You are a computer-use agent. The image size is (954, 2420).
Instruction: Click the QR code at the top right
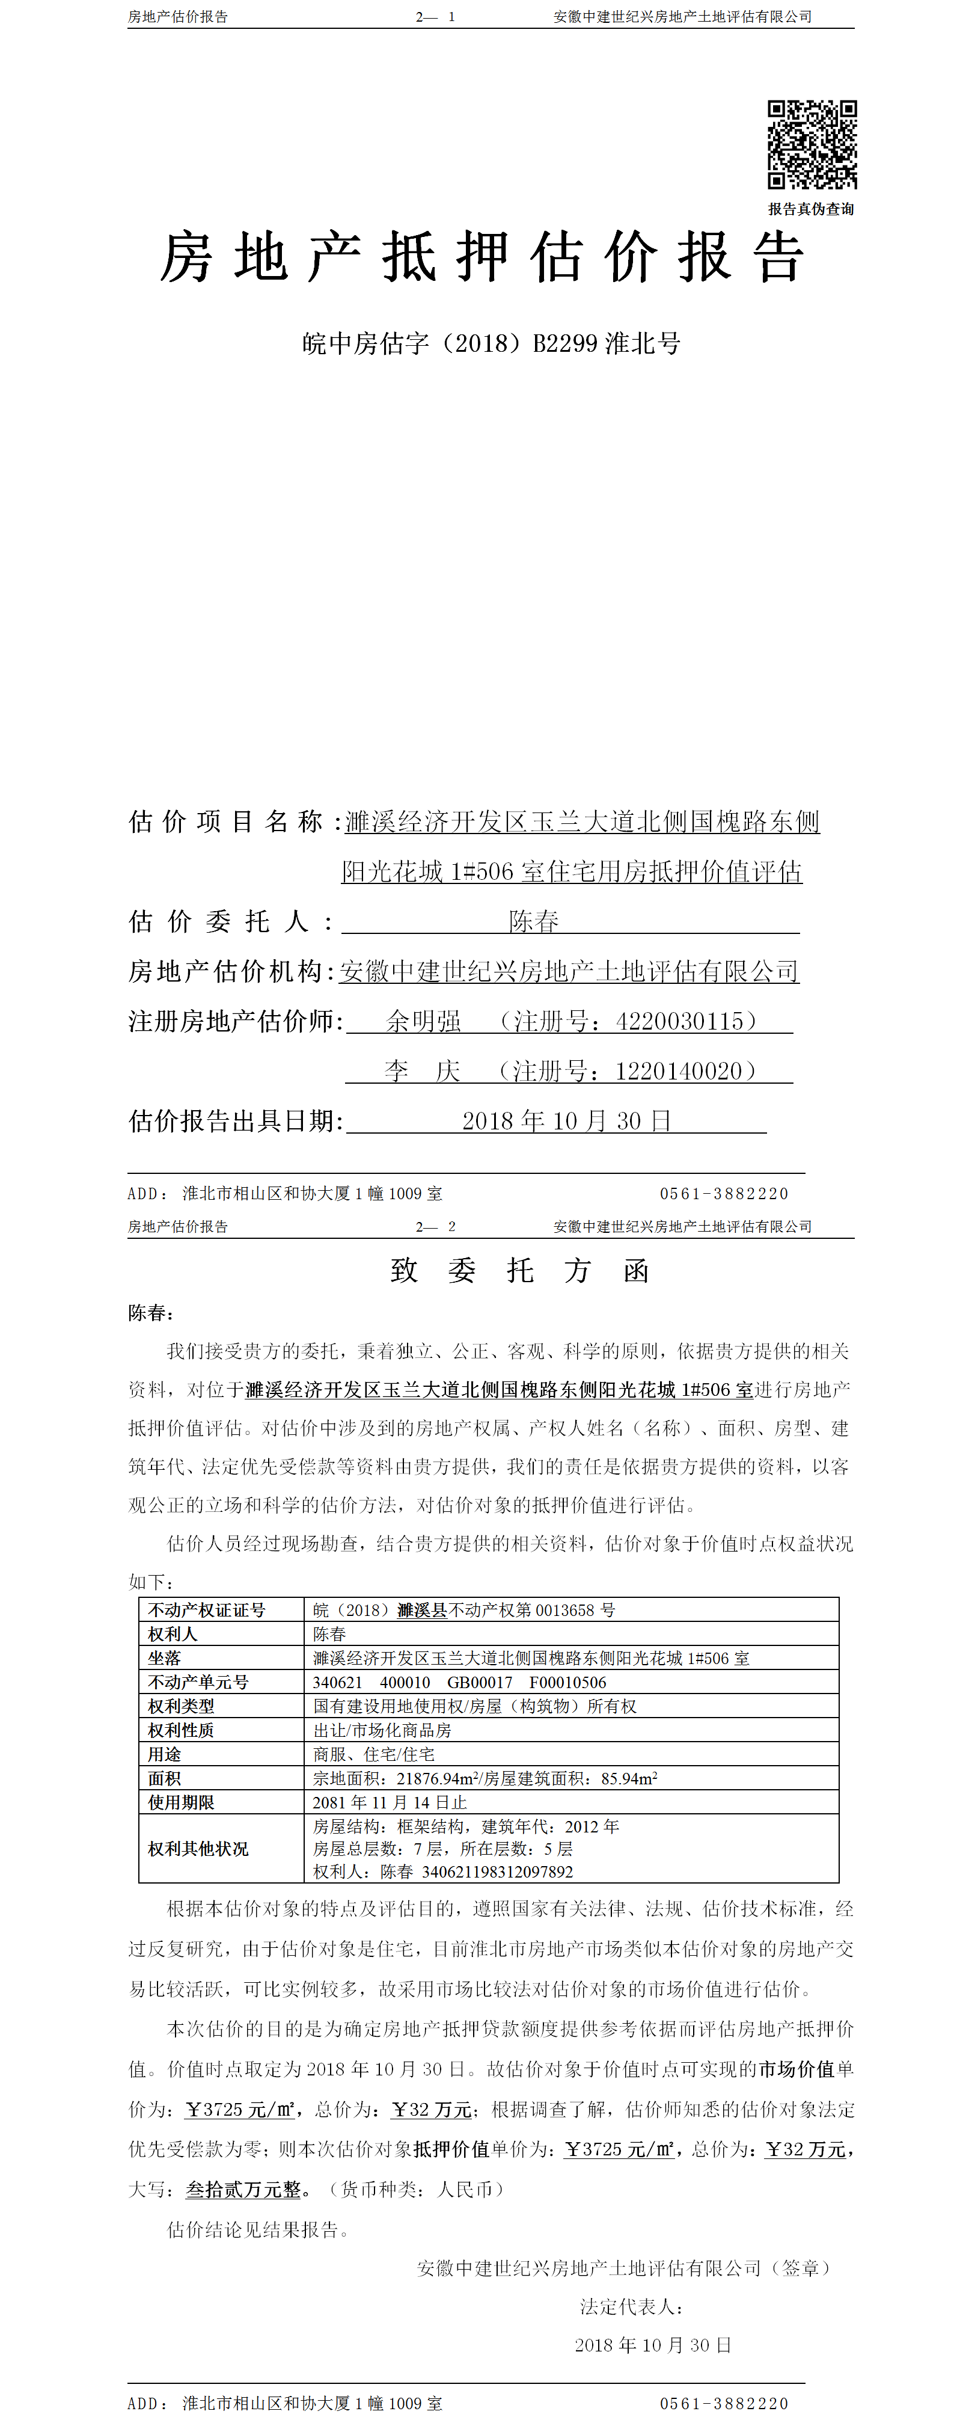(x=812, y=145)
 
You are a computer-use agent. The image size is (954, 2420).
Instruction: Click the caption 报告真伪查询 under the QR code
(x=812, y=209)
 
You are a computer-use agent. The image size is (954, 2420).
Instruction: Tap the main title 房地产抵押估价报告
(x=482, y=256)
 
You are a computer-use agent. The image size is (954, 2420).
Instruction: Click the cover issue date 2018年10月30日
(x=566, y=1121)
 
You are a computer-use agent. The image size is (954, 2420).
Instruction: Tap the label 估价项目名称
(x=225, y=822)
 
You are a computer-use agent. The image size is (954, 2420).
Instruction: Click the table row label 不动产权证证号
(x=207, y=1610)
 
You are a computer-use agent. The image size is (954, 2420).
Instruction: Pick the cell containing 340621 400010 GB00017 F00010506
(x=459, y=1683)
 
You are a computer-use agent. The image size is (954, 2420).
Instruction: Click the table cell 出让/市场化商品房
(x=382, y=1730)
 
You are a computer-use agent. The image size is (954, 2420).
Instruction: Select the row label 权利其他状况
(x=198, y=1849)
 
